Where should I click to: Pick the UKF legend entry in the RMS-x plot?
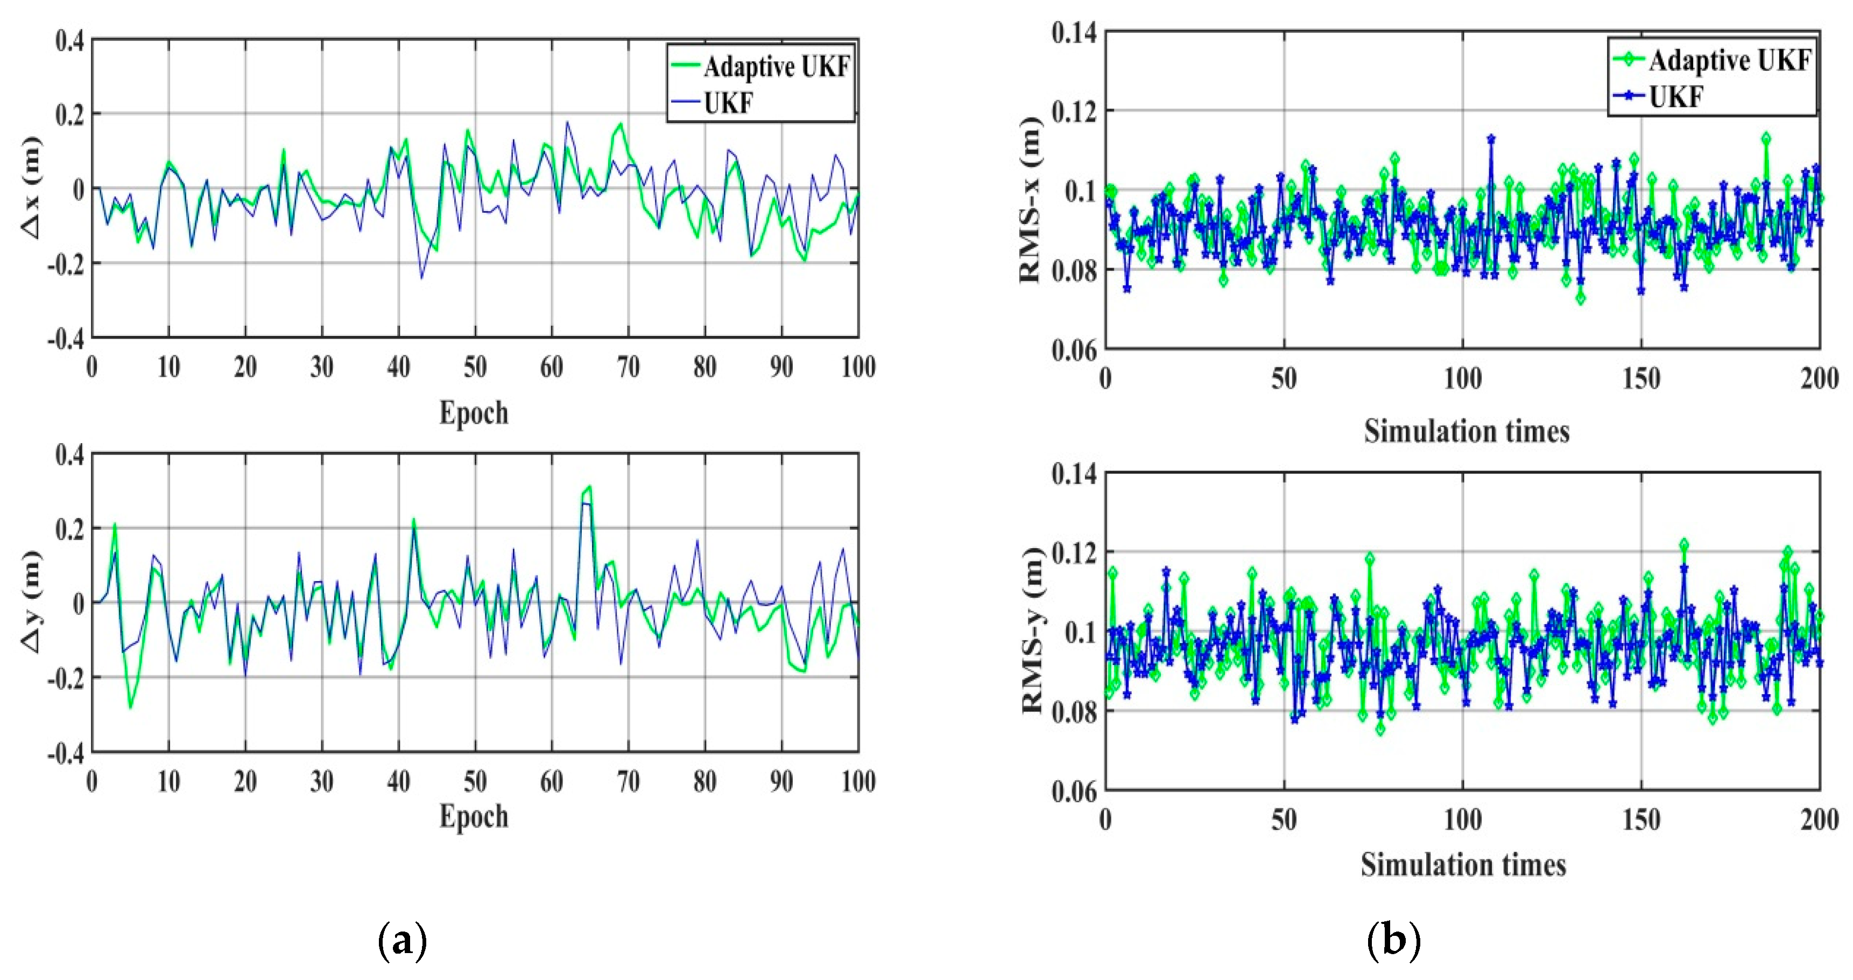[1675, 96]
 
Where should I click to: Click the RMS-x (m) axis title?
[1031, 199]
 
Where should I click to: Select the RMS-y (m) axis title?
[1032, 631]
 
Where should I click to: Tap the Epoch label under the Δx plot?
[474, 413]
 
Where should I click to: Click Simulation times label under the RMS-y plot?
[1463, 864]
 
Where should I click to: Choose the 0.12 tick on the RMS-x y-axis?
[1074, 111]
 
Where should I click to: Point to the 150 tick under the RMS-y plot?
[1641, 819]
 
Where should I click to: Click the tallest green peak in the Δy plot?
[590, 487]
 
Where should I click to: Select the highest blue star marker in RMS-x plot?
[1491, 139]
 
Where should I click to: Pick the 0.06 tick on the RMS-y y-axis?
[1074, 792]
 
